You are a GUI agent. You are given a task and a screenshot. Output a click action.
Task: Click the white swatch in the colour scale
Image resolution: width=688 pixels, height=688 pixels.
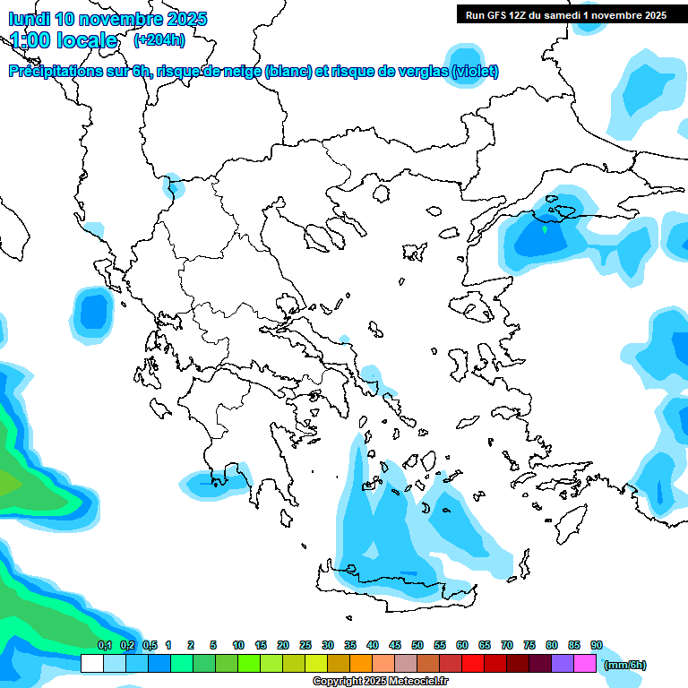click(91, 664)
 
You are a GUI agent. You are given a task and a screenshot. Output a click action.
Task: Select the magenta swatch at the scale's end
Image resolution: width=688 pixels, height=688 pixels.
click(586, 664)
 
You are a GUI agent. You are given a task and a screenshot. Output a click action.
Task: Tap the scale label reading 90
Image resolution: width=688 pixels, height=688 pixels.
click(597, 645)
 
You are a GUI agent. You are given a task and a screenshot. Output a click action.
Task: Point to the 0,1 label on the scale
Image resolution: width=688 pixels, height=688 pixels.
click(104, 645)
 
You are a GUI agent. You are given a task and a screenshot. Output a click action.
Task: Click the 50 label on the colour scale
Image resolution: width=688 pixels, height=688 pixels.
click(417, 645)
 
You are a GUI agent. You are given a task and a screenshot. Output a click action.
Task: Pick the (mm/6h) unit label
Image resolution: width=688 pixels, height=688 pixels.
click(624, 665)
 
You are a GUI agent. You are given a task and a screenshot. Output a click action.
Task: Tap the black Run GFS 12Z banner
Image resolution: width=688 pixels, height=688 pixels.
click(564, 14)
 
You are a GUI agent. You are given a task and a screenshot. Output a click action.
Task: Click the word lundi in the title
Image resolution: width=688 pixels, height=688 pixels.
click(30, 19)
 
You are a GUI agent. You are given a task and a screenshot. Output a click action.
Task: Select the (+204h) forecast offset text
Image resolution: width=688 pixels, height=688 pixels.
click(159, 39)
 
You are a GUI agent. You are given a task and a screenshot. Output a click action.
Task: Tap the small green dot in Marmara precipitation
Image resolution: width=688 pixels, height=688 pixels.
click(545, 229)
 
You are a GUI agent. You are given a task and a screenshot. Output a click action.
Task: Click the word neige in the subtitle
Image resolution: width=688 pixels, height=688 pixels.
click(242, 72)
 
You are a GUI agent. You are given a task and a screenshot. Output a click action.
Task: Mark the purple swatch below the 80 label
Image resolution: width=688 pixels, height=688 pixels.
click(563, 664)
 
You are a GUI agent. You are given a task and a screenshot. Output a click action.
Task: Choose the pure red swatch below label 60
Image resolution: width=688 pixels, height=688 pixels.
click(473, 664)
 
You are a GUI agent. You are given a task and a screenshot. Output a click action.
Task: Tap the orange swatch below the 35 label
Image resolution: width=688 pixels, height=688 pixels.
click(361, 664)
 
